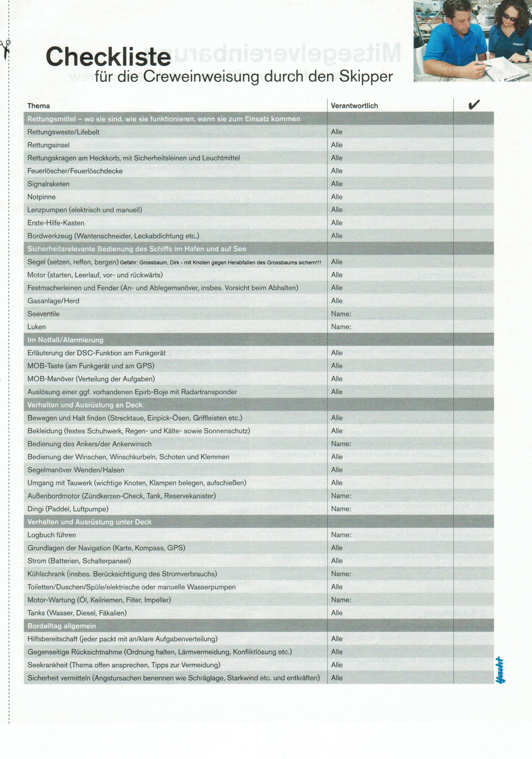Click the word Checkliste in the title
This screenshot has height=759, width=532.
click(108, 57)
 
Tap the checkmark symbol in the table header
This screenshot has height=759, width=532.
click(473, 105)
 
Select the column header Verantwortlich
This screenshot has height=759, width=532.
click(354, 106)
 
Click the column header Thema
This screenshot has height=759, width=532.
click(39, 106)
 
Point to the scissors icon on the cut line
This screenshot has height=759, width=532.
click(6, 49)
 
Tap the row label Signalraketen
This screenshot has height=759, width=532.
click(48, 184)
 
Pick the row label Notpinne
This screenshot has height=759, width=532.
click(41, 197)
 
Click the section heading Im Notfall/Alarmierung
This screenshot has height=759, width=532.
click(65, 340)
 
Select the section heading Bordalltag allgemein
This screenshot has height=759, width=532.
click(61, 626)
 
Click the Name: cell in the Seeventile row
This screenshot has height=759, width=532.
click(341, 314)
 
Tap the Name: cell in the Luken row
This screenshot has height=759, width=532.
click(341, 327)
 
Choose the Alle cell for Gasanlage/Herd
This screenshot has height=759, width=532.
click(337, 301)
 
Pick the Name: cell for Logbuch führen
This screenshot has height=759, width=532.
click(341, 535)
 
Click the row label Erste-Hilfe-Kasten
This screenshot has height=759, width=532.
click(56, 223)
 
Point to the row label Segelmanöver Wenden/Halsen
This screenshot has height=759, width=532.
click(76, 470)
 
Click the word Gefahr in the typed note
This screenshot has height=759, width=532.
click(128, 263)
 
